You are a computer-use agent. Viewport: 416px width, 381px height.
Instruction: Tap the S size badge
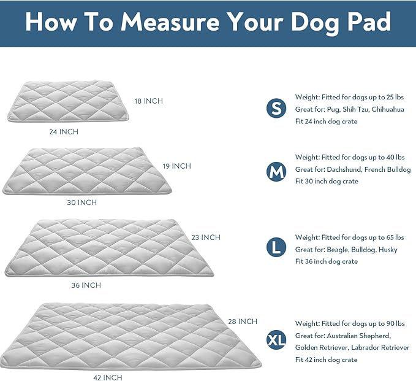click(276, 109)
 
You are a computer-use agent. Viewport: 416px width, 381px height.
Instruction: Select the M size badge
click(276, 172)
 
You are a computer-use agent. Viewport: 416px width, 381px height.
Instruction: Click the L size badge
click(276, 248)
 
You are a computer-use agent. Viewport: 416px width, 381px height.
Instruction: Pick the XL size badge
click(276, 339)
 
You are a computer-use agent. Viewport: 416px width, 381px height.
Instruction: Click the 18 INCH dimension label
click(149, 101)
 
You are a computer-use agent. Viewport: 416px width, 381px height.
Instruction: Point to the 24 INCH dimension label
click(64, 131)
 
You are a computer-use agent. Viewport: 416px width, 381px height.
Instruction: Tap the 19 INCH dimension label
click(177, 166)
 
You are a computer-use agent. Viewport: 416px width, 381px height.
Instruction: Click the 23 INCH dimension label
click(206, 237)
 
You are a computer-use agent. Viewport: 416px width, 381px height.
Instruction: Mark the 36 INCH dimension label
click(86, 285)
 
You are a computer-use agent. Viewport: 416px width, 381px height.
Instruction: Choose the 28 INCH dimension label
click(243, 321)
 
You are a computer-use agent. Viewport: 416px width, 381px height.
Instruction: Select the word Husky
click(388, 250)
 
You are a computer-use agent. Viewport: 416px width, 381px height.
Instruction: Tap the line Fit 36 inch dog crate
click(326, 261)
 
